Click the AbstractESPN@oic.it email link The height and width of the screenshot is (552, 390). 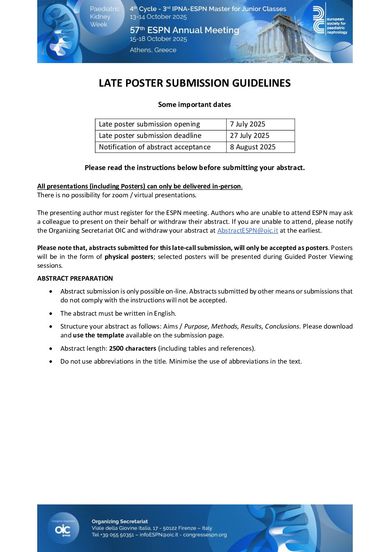pyautogui.click(x=247, y=230)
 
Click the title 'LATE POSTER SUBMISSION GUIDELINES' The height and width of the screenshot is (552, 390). pyautogui.click(x=195, y=83)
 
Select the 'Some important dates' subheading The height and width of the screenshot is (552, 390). pyautogui.click(x=194, y=105)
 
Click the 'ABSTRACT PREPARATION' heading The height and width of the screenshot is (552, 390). pyautogui.click(x=75, y=278)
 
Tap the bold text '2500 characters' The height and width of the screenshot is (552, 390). pyautogui.click(x=133, y=348)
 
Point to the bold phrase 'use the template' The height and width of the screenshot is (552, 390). pyautogui.click(x=98, y=335)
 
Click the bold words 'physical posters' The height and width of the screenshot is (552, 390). pyautogui.click(x=129, y=257)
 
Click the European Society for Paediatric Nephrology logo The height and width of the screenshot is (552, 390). pyautogui.click(x=330, y=21)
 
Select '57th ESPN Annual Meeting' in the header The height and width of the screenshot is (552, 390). pyautogui.click(x=184, y=30)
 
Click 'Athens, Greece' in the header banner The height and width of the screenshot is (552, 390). pyautogui.click(x=153, y=50)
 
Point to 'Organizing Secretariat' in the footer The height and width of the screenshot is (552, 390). pyautogui.click(x=120, y=521)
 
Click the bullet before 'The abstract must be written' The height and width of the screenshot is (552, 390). pyautogui.click(x=51, y=314)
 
